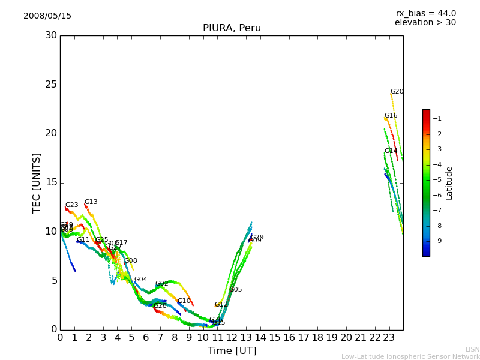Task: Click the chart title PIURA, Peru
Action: pyautogui.click(x=232, y=28)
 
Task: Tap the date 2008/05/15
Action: pyautogui.click(x=47, y=16)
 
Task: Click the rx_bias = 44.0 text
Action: pyautogui.click(x=425, y=14)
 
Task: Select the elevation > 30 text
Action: pyautogui.click(x=425, y=23)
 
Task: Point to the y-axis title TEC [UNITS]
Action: pyautogui.click(x=37, y=182)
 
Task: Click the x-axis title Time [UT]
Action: pyautogui.click(x=232, y=351)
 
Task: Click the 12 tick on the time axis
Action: pyautogui.click(x=232, y=338)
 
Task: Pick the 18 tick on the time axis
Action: pyautogui.click(x=317, y=338)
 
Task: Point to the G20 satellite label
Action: pyautogui.click(x=397, y=92)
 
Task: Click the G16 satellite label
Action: pyautogui.click(x=391, y=116)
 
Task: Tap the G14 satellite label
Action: pyautogui.click(x=391, y=151)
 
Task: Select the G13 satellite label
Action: pyautogui.click(x=91, y=202)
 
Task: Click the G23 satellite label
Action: pyautogui.click(x=71, y=205)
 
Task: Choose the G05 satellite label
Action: pyautogui.click(x=235, y=290)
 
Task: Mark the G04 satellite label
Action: pyautogui.click(x=140, y=280)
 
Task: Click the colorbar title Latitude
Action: pyautogui.click(x=449, y=183)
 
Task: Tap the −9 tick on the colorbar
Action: pyautogui.click(x=437, y=241)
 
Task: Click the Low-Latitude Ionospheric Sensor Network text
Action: pyautogui.click(x=410, y=357)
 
